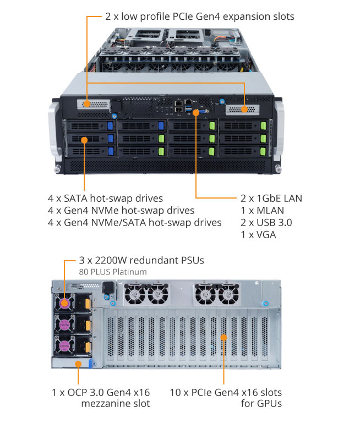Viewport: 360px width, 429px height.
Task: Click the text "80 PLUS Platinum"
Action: [x=113, y=272]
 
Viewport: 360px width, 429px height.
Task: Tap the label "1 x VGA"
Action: [x=258, y=235]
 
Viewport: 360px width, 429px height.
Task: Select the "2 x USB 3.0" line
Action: [x=266, y=222]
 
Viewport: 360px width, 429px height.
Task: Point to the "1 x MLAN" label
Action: [x=262, y=211]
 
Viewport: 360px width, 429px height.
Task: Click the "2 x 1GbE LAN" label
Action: [x=271, y=198]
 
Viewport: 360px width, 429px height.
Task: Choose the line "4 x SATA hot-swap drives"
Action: [x=105, y=198]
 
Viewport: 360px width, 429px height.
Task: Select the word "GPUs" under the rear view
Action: [x=269, y=404]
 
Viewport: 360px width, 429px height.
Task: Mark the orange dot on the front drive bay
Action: [x=84, y=140]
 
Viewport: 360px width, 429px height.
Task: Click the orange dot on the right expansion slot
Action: [x=244, y=109]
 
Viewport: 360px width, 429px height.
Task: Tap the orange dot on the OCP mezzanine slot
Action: [x=78, y=364]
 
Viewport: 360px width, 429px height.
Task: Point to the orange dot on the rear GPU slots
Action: [x=223, y=337]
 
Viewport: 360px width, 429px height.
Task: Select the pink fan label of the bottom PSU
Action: [x=64, y=346]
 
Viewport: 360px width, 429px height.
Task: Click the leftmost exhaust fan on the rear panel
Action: [x=135, y=294]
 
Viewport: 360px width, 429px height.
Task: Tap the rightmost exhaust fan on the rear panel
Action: [x=228, y=294]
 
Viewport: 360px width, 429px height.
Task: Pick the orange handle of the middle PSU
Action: [x=88, y=325]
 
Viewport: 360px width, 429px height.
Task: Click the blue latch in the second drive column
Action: [x=161, y=125]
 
